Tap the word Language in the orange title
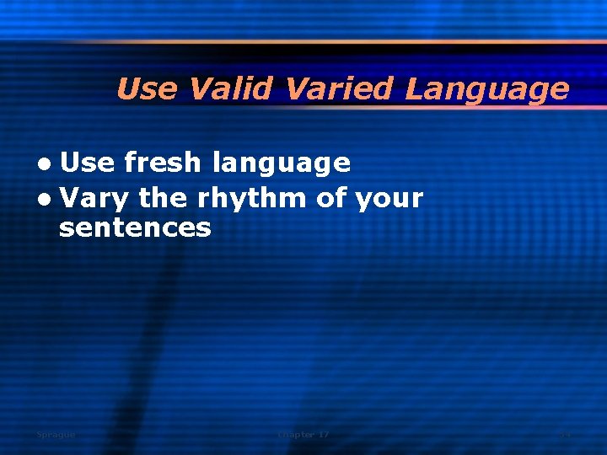(486, 89)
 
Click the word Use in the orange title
(148, 88)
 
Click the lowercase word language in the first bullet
(281, 163)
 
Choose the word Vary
(94, 200)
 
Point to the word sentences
(135, 227)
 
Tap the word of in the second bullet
(330, 198)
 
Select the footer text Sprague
(56, 435)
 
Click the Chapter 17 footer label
(303, 435)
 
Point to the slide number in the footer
(565, 435)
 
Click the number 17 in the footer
(323, 435)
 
